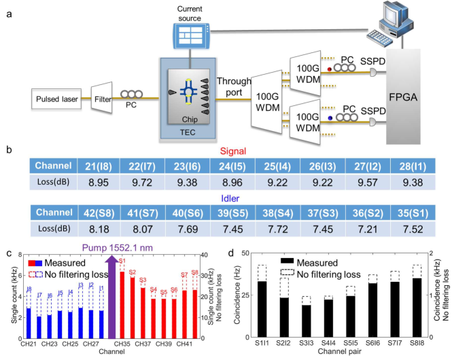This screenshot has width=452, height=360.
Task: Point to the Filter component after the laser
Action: (102, 102)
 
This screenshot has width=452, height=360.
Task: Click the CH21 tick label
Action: (28, 345)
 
